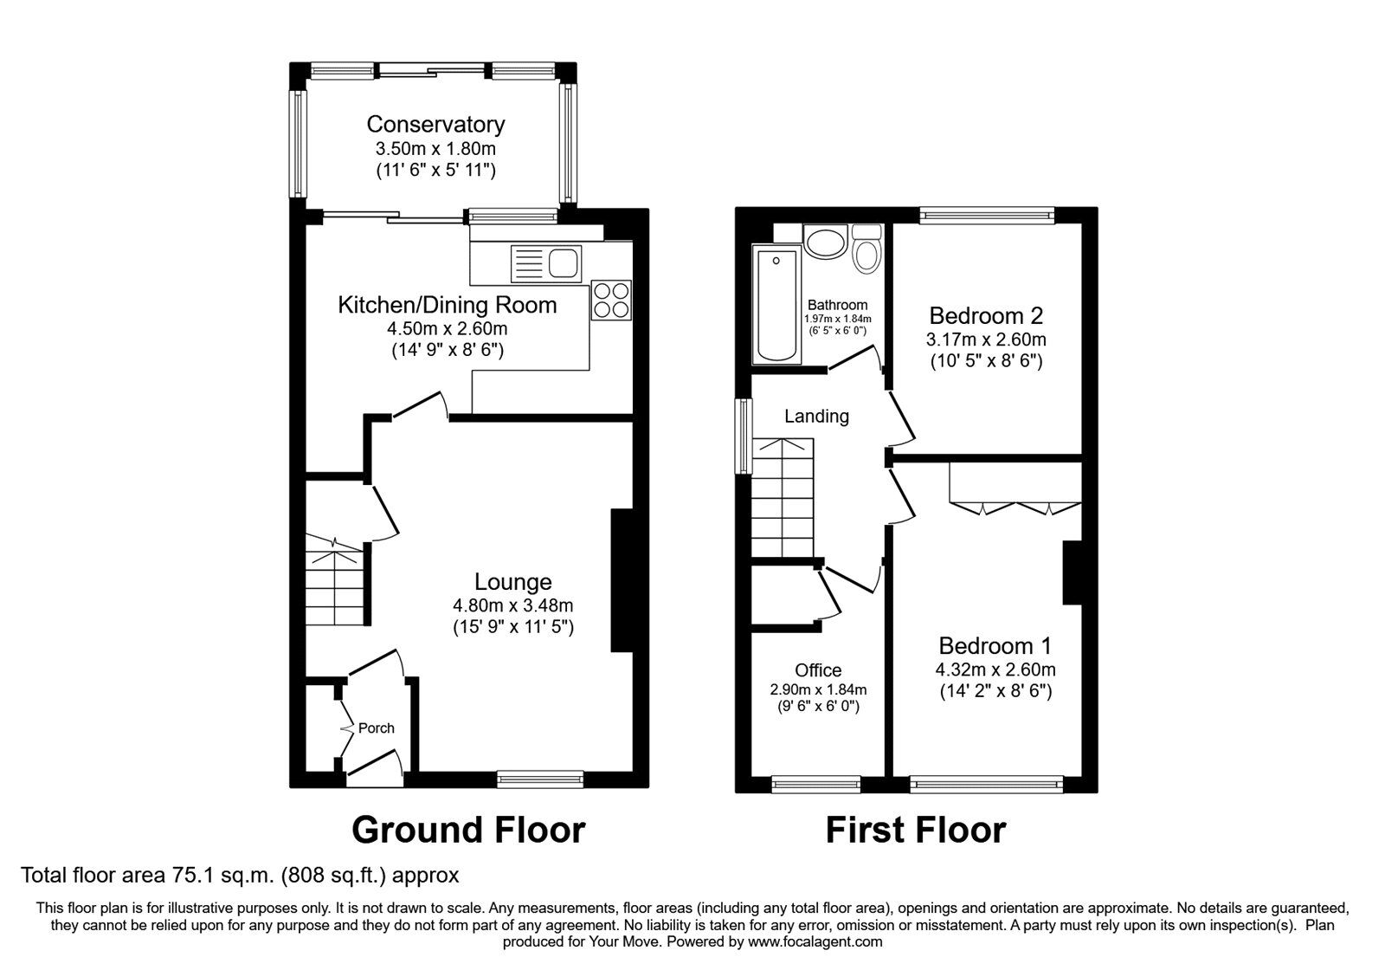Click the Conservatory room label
tap(435, 125)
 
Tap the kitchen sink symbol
tap(546, 263)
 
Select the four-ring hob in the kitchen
tap(611, 300)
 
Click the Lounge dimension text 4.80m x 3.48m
tap(512, 605)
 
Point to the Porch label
tap(376, 728)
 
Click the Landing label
tap(816, 417)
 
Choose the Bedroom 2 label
tap(986, 315)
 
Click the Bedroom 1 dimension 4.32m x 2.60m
tap(995, 669)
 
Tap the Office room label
tap(818, 670)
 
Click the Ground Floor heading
tap(468, 830)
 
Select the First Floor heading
tap(915, 830)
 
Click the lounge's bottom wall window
tap(540, 780)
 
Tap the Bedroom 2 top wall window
tap(987, 215)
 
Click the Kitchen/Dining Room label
tap(447, 305)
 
